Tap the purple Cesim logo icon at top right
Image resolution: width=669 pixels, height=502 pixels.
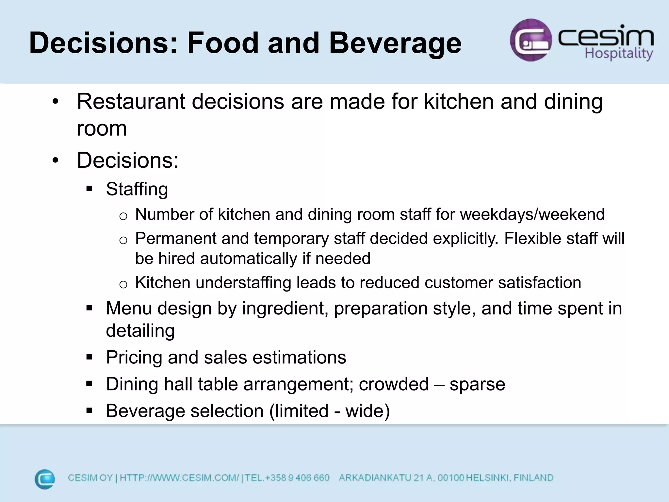coord(530,40)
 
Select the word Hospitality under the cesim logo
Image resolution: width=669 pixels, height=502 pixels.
coord(619,54)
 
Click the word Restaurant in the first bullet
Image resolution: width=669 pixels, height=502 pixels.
coord(131,102)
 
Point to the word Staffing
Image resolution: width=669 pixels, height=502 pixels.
coord(137,189)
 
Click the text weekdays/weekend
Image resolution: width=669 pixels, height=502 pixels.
coord(532,215)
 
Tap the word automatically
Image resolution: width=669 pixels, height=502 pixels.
coord(249,259)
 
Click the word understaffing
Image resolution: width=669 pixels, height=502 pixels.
coord(243,283)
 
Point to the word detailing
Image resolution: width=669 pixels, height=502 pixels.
coord(140,331)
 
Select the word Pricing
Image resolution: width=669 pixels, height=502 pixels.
coord(134,357)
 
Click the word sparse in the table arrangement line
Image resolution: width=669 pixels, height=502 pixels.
coord(477,384)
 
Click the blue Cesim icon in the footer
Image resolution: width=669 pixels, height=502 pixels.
coord(45,479)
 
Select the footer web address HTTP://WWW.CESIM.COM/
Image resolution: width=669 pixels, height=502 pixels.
coord(179,478)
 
